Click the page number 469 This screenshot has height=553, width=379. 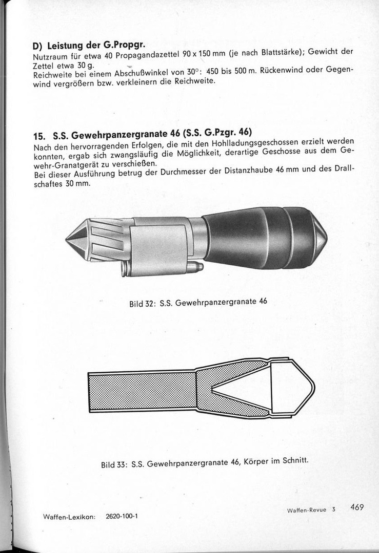[x=357, y=507]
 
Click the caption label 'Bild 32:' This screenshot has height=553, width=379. [x=142, y=303]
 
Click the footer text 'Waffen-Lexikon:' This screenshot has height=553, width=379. [x=69, y=517]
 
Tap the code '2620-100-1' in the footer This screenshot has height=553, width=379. [x=122, y=517]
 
